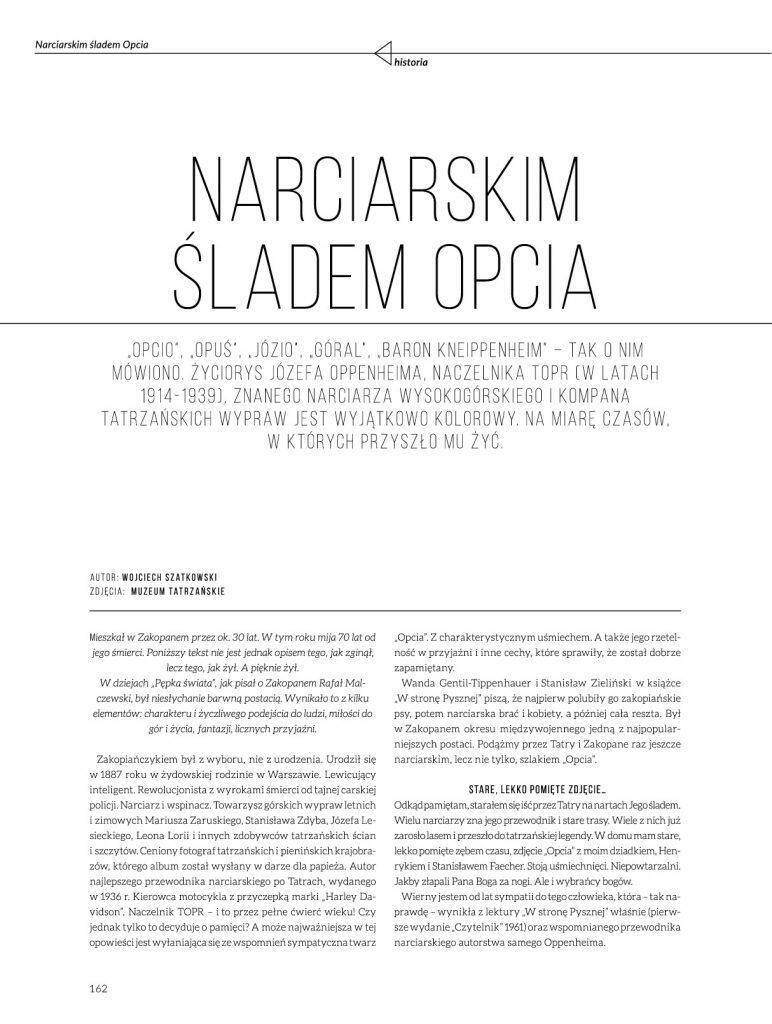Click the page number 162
click(98, 989)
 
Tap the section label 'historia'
click(411, 61)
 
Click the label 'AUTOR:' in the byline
click(104, 578)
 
